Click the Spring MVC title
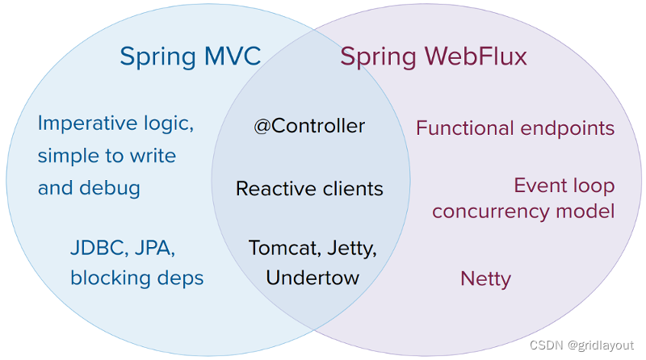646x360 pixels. [x=191, y=57]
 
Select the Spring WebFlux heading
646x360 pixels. [x=434, y=57]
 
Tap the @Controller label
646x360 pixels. [x=309, y=126]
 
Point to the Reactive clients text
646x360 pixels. [x=309, y=189]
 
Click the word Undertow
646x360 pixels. [x=313, y=278]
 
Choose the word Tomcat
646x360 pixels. [x=285, y=248]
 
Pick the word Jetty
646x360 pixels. [x=352, y=249]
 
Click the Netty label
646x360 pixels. [x=486, y=279]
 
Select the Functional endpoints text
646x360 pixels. [x=515, y=128]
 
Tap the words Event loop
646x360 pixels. [x=564, y=186]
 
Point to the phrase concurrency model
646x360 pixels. [x=523, y=211]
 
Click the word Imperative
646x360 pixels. [x=88, y=123]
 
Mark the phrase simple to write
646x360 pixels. [x=107, y=156]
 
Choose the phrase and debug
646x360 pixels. [x=89, y=188]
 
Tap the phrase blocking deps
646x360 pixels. [x=136, y=278]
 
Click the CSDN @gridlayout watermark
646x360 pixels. [x=581, y=345]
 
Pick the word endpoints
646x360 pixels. [x=568, y=128]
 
